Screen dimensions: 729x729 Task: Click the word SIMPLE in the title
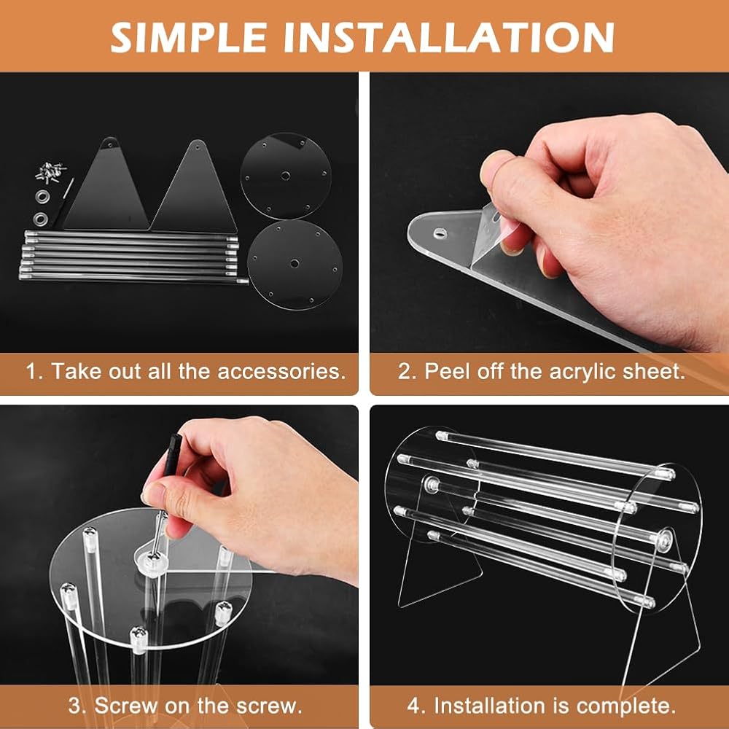[189, 37]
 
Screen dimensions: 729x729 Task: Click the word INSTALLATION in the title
[449, 37]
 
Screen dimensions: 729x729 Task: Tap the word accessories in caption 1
[281, 372]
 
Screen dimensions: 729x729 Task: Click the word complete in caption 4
[625, 706]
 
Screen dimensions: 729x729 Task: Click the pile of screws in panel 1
[51, 173]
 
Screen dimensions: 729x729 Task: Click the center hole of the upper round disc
[286, 176]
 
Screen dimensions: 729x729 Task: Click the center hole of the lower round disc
[295, 264]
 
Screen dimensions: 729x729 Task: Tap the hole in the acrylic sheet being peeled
[440, 233]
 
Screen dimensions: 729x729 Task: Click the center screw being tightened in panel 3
[152, 556]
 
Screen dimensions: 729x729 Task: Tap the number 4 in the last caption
[413, 706]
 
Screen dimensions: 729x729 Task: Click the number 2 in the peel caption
[404, 372]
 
